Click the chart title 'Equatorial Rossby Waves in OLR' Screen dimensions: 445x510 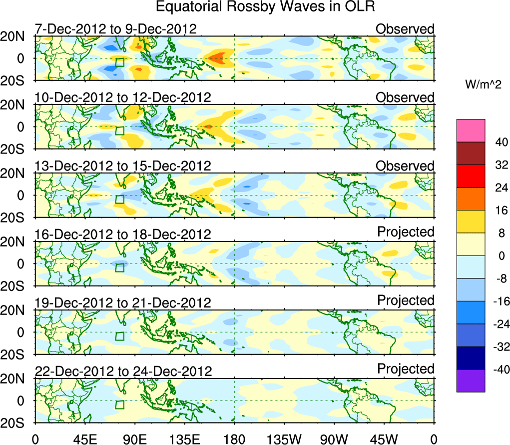pyautogui.click(x=265, y=7)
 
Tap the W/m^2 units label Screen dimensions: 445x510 pyautogui.click(x=483, y=85)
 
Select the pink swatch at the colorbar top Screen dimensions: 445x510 pyautogui.click(x=470, y=130)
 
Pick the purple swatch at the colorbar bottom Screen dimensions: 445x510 pyautogui.click(x=470, y=380)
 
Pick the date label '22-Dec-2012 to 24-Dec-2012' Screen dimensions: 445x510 pyautogui.click(x=123, y=371)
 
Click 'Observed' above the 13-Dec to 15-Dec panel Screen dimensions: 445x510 pyautogui.click(x=405, y=165)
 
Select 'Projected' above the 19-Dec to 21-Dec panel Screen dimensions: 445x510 pyautogui.click(x=406, y=300)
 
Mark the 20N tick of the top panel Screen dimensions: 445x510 pyautogui.click(x=16, y=36)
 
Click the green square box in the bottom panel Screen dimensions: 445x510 pyautogui.click(x=120, y=404)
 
